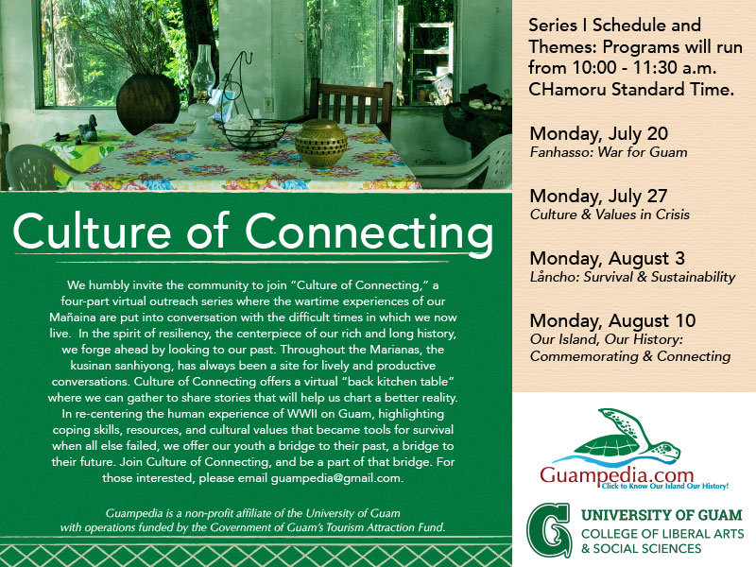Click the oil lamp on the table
coord(202,96)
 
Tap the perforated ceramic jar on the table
coord(321,144)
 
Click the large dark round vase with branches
coord(148,104)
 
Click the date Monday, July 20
coord(598,133)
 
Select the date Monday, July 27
coord(598,197)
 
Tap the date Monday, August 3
coord(607,258)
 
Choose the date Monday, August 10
coord(612,320)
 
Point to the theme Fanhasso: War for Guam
coord(609,152)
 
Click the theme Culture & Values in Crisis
coord(610,215)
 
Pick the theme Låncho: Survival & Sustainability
coord(632,277)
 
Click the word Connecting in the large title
coord(369,232)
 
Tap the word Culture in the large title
coord(92,231)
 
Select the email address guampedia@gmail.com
coord(336,478)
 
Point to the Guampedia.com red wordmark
coord(617,474)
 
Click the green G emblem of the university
coord(550,530)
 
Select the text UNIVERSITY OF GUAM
coord(661,515)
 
